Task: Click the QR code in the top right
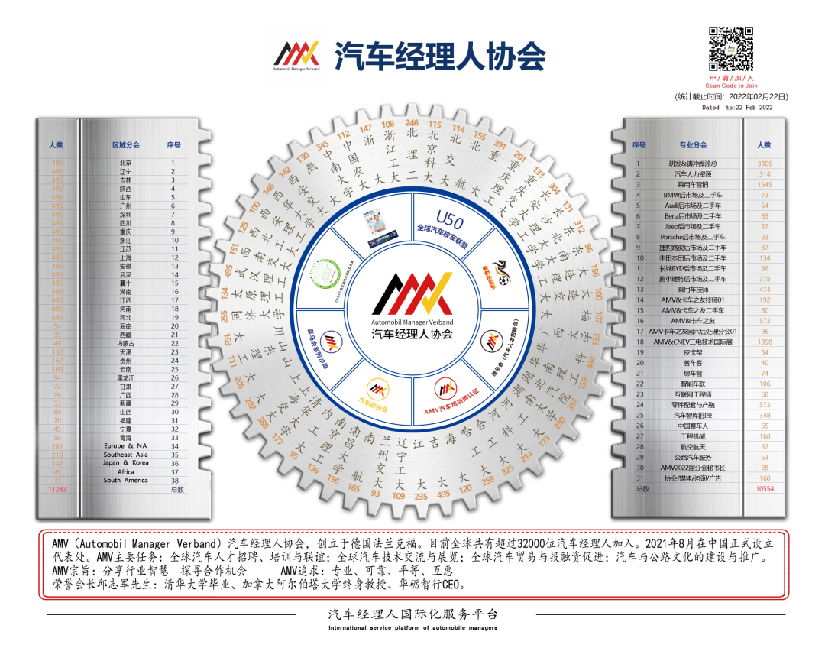[x=731, y=49]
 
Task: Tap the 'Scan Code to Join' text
[x=731, y=86]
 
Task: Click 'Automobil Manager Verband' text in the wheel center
[x=412, y=323]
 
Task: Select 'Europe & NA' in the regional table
[x=125, y=446]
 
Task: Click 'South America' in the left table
[x=125, y=481]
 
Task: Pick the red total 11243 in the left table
[x=57, y=489]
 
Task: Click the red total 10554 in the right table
[x=764, y=489]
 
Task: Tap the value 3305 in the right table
[x=764, y=164]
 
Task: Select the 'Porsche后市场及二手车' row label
[x=693, y=238]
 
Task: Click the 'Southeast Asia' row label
[x=125, y=455]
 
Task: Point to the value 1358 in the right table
[x=764, y=342]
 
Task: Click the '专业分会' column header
[x=693, y=144]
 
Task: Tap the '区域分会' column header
[x=125, y=144]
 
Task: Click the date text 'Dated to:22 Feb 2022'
[x=737, y=108]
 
